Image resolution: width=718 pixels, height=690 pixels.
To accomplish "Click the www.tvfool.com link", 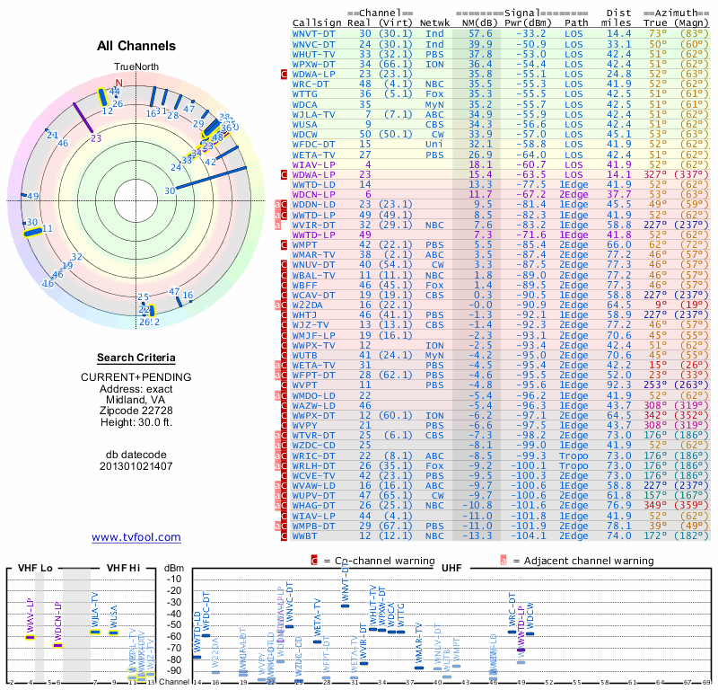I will click(136, 537).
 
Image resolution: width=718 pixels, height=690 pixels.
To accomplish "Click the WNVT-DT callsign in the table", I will click(314, 33).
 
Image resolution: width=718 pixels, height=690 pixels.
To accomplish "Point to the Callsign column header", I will click(317, 22).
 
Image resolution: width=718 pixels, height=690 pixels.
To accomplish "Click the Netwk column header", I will click(435, 22).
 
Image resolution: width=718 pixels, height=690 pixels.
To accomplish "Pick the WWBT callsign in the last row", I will click(308, 535).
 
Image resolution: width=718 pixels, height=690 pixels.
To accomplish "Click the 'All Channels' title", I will click(136, 46).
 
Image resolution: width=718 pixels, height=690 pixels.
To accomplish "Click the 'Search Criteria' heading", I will click(136, 358).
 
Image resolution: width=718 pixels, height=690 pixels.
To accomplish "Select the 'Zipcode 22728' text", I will click(136, 410).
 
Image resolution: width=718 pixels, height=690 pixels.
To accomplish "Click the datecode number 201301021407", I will click(136, 465).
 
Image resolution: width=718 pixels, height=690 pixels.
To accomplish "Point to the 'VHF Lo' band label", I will click(37, 568).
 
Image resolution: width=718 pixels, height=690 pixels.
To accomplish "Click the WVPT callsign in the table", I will click(306, 384).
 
